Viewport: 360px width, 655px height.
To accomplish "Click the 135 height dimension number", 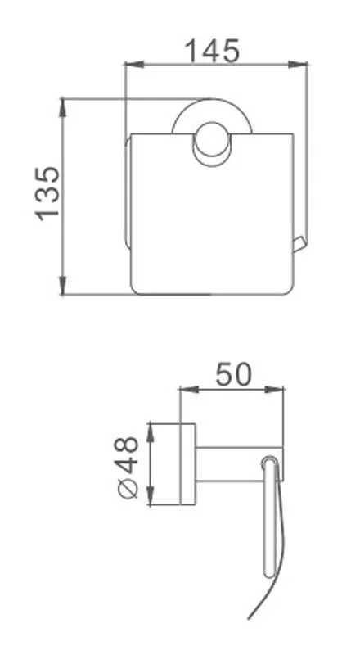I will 47,192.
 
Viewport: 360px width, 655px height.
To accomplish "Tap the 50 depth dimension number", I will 232,374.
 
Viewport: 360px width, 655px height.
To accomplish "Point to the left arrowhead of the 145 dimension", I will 128,63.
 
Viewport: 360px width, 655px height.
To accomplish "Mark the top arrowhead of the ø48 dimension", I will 150,427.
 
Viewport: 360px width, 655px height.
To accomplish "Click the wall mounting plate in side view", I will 187,463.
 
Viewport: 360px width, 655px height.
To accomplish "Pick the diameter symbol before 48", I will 128,490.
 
